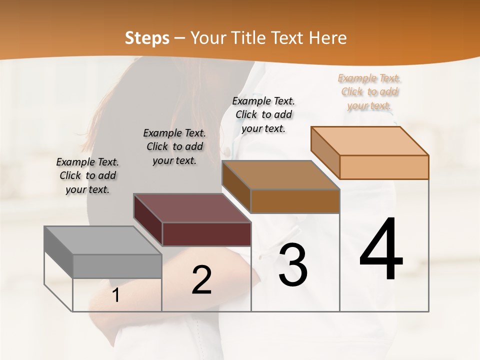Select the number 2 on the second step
click(x=202, y=280)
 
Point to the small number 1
click(x=115, y=295)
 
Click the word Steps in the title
click(x=147, y=38)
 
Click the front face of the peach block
click(x=384, y=167)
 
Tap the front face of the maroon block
click(x=206, y=234)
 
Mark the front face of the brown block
click(x=295, y=201)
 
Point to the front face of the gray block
click(x=117, y=266)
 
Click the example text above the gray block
click(x=87, y=175)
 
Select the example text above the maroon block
click(x=174, y=146)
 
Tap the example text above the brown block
click(x=263, y=114)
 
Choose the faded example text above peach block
click(x=369, y=91)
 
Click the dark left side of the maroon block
click(x=148, y=220)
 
